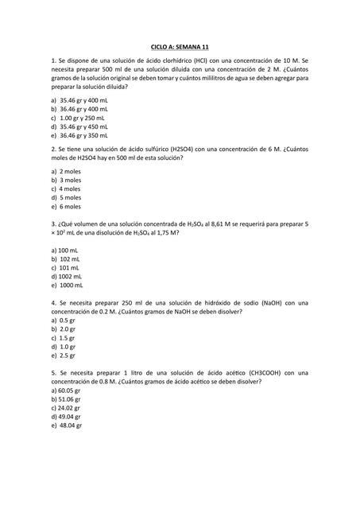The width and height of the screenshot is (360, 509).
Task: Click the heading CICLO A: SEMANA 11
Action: click(180, 49)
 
